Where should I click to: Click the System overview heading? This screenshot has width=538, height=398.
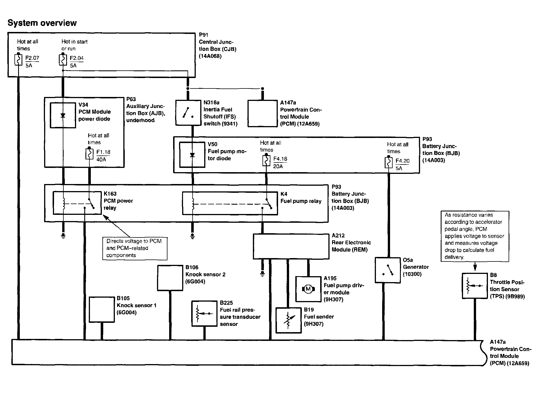coord(42,23)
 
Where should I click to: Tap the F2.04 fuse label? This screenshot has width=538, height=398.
coord(77,58)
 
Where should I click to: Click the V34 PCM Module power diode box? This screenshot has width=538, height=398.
coord(63,115)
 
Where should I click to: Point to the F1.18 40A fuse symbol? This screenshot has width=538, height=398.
coord(89,154)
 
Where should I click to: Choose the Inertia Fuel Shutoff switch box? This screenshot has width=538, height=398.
coord(188,113)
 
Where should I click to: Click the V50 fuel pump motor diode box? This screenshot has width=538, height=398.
coord(192,155)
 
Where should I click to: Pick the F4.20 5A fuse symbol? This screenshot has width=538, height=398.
coord(389,163)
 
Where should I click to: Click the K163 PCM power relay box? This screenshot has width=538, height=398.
coord(77,203)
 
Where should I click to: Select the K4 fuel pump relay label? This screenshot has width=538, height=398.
coord(301,198)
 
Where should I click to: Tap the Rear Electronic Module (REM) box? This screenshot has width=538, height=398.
coord(291,246)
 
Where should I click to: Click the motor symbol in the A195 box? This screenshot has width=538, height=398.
coord(308,289)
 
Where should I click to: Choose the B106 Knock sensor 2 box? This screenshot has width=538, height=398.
coord(170,278)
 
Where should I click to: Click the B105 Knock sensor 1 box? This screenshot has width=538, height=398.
coord(102,310)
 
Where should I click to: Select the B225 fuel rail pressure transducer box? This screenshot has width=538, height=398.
coord(204,313)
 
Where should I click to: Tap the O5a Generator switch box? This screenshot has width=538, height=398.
coord(388,270)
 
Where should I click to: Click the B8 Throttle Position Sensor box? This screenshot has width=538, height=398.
coord(475,286)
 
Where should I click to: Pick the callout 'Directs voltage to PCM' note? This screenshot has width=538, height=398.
coord(135,248)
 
